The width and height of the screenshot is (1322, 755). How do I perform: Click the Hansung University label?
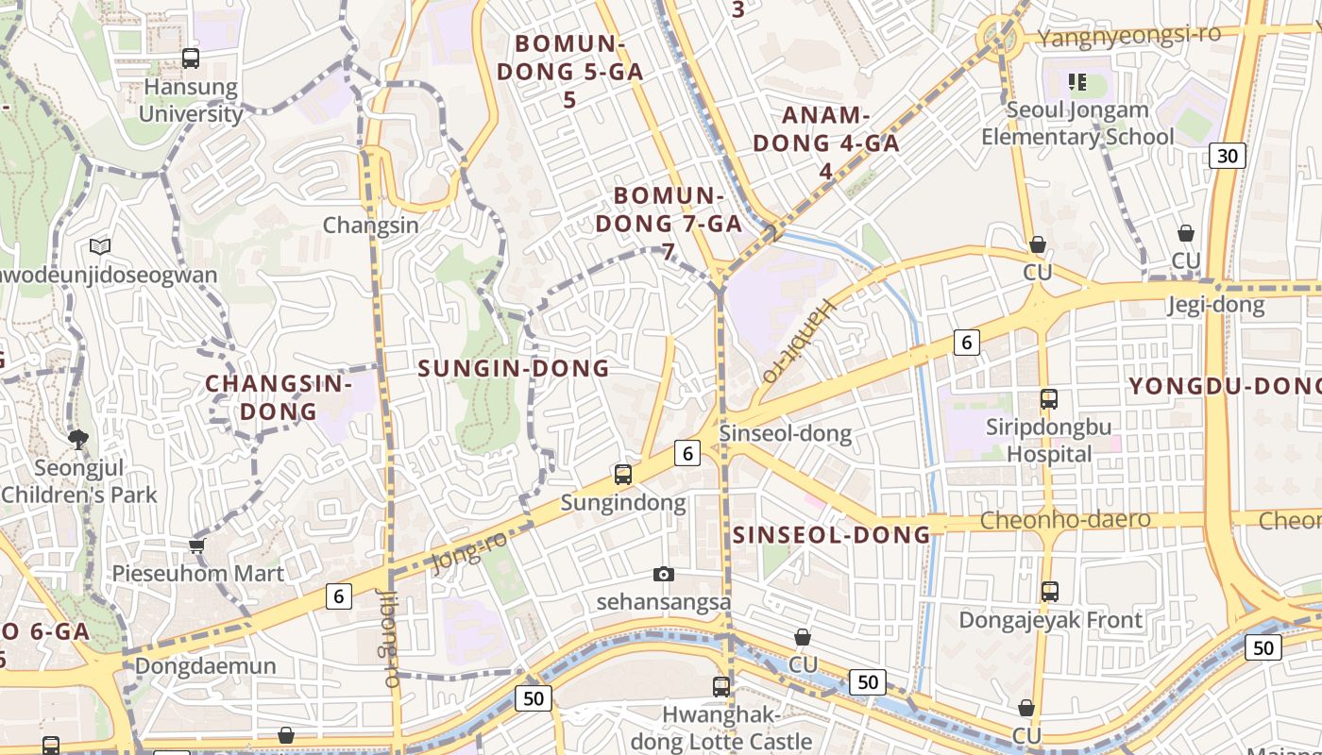[191, 100]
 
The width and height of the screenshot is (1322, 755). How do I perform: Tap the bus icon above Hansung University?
[191, 59]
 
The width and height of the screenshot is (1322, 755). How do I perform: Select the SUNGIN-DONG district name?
[514, 368]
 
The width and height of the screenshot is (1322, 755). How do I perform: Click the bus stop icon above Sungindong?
[623, 475]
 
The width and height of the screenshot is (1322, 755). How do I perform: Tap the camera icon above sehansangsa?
[664, 574]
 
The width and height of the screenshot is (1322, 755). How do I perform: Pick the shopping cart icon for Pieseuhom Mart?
[197, 545]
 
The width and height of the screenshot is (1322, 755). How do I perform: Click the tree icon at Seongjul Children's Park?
[78, 438]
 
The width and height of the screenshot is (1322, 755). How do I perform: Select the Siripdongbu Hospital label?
[1048, 440]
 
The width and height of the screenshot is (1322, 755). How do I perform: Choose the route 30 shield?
[1227, 156]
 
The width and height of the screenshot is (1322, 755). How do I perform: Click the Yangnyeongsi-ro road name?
[1128, 36]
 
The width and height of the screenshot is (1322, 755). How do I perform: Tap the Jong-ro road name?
[468, 551]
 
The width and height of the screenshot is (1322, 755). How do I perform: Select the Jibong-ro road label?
[389, 637]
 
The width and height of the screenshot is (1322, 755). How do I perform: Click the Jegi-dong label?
[1215, 304]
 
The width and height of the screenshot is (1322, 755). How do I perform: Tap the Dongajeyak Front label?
[1050, 620]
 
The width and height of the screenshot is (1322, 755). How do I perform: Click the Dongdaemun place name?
[206, 665]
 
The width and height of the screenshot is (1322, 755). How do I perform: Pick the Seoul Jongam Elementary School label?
[1077, 123]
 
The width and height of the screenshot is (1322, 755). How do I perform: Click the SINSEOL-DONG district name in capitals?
[832, 535]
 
